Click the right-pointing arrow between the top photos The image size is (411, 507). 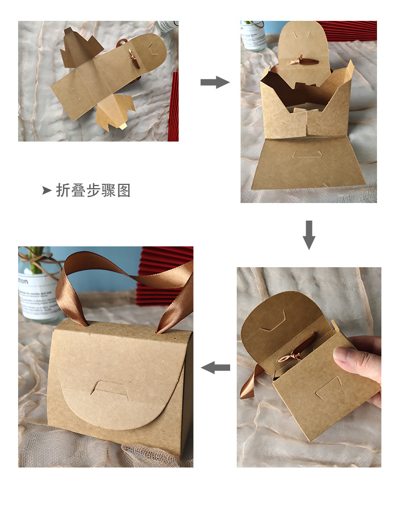coord(214,82)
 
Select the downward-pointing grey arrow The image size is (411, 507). coord(309,234)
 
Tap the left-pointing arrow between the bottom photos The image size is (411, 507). coord(215,368)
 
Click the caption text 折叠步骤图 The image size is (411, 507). coord(93,190)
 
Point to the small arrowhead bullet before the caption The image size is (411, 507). coord(47,190)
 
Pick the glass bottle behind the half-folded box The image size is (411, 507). coord(253,36)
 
